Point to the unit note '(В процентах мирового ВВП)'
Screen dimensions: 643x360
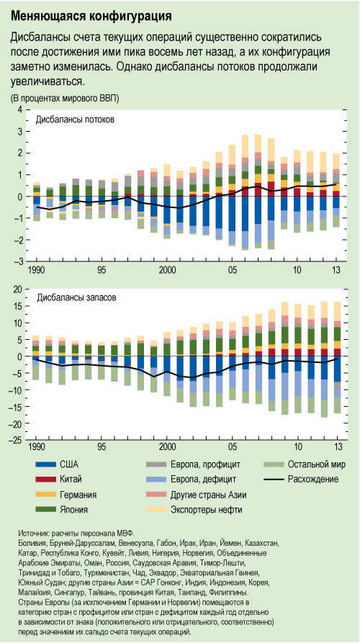pyautogui.click(x=66, y=97)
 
